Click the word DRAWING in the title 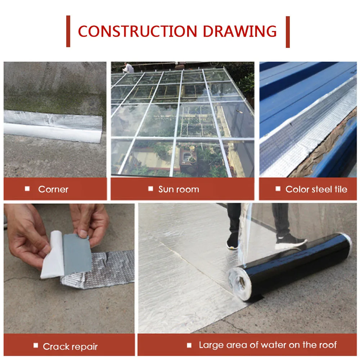click(x=240, y=31)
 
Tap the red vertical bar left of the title click(x=68, y=31)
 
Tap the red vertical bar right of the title click(x=288, y=31)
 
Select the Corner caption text click(x=53, y=189)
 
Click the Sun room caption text click(x=179, y=189)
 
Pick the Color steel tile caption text click(x=316, y=189)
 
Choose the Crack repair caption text click(x=70, y=347)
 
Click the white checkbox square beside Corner click(x=27, y=189)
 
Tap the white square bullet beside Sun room click(x=150, y=189)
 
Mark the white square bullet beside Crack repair click(x=35, y=346)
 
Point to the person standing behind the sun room click(x=127, y=67)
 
